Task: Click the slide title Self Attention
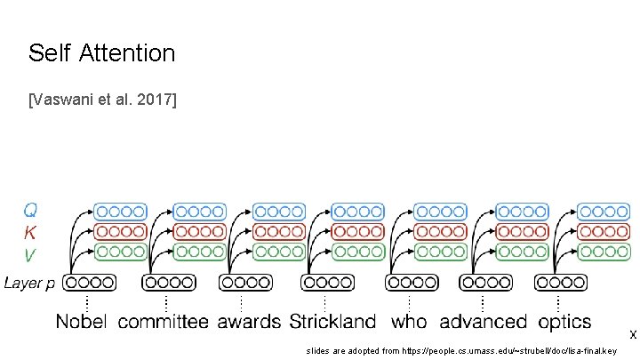pos(101,53)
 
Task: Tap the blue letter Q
pos(30,211)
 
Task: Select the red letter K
pos(30,233)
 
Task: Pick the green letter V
pos(30,255)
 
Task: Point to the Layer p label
pos(29,284)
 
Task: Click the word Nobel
pos(83,321)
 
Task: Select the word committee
pos(164,321)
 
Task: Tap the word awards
pos(249,321)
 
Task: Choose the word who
pos(409,321)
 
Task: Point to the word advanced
pos(483,321)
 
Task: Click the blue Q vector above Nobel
pos(121,212)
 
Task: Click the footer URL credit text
pos(461,351)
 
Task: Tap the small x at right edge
pos(632,335)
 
